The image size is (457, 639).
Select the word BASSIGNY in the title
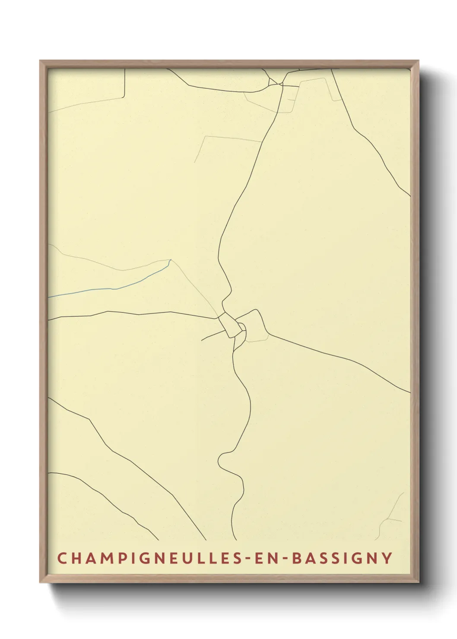[343, 558]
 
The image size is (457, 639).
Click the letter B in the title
[297, 558]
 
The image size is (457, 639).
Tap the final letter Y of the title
[387, 558]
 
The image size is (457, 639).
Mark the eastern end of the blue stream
[170, 260]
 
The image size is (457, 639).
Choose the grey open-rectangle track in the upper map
[229, 138]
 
